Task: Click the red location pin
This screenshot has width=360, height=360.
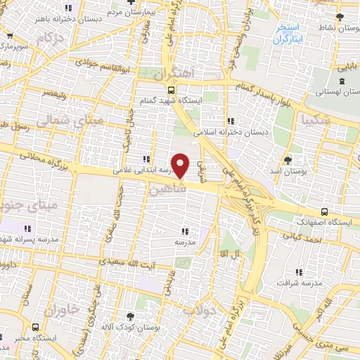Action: (181, 165)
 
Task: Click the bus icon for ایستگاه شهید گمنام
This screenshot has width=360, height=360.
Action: (172, 90)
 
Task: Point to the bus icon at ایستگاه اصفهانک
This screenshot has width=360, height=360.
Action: (323, 212)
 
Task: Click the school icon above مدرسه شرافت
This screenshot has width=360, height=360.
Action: (299, 272)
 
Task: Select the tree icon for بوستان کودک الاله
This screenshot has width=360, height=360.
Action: (129, 316)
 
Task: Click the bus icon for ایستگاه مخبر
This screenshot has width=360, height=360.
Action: (36, 327)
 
